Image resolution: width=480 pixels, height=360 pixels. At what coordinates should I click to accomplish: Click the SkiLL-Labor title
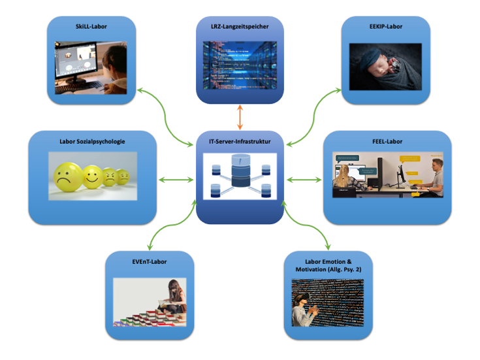coord(91,27)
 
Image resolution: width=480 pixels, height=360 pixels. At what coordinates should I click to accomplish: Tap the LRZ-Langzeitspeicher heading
coord(240,27)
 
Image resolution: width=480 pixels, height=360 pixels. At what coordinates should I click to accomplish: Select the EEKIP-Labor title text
coord(386,27)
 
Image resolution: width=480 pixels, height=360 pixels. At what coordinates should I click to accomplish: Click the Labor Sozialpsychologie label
coord(92,141)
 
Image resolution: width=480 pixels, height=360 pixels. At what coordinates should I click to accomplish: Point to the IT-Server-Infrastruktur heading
coord(240,141)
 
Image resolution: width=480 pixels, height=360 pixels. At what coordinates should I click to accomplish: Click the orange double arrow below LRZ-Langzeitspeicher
coord(240,117)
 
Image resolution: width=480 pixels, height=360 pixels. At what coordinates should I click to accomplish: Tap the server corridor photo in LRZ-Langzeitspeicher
coord(240,65)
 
